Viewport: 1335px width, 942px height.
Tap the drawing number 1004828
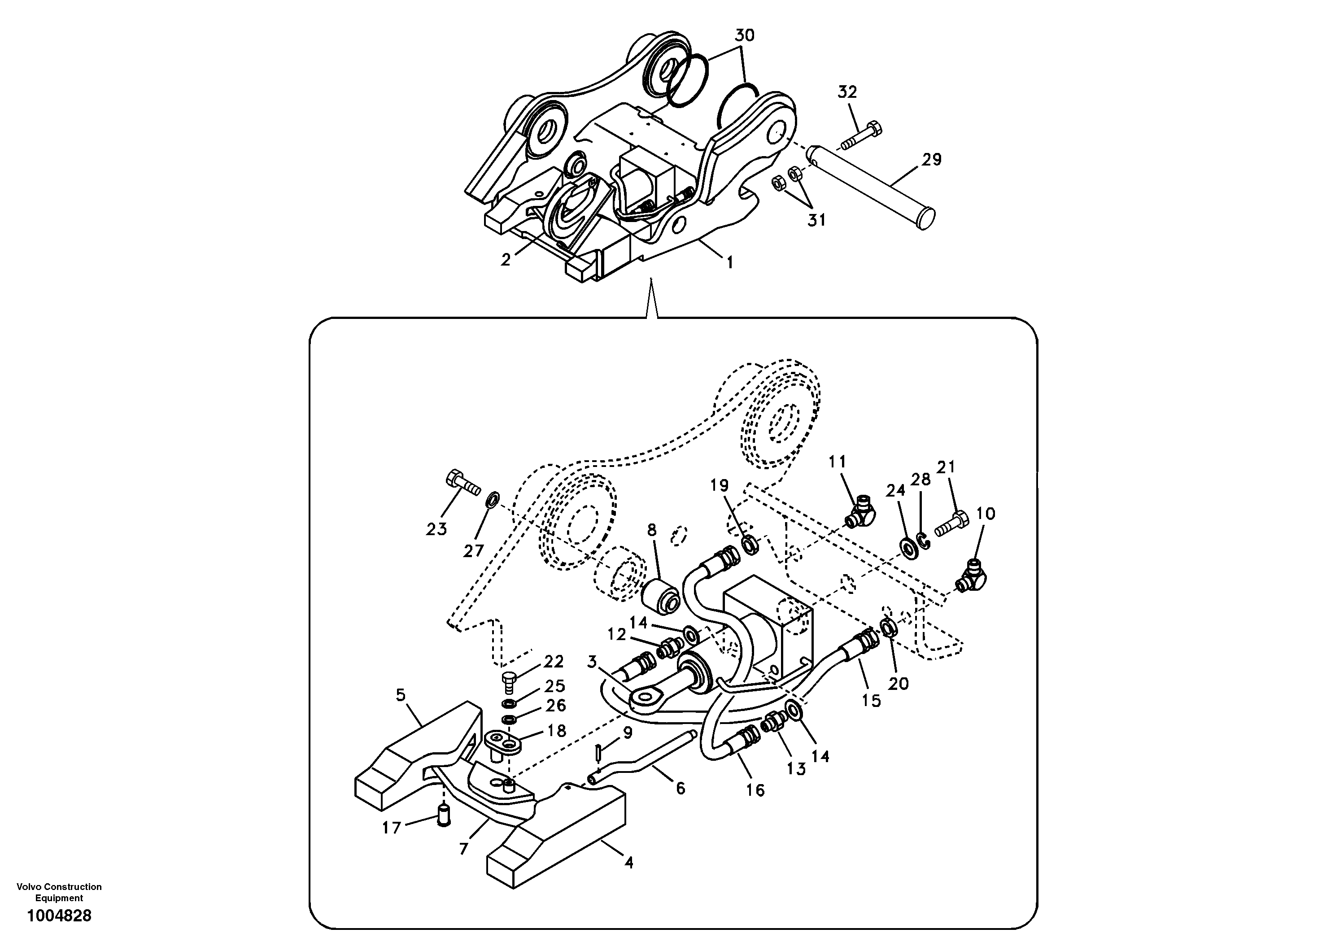pyautogui.click(x=59, y=916)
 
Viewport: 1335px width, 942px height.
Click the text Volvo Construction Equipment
pyautogui.click(x=59, y=892)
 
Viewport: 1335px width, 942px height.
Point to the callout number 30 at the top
pyautogui.click(x=744, y=35)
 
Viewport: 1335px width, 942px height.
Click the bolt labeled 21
pyautogui.click(x=951, y=522)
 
